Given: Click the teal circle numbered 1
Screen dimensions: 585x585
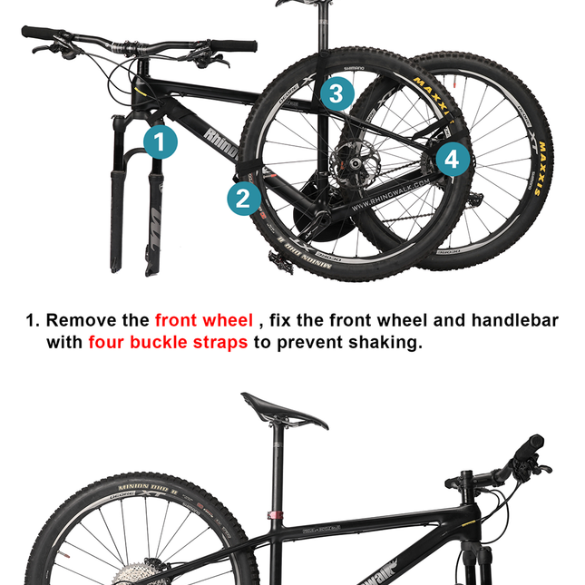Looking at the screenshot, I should [x=161, y=141].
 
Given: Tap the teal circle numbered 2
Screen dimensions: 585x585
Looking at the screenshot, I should [x=243, y=198].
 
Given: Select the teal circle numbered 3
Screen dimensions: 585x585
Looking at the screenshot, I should [x=336, y=93].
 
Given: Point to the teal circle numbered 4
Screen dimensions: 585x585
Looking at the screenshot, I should [x=453, y=161].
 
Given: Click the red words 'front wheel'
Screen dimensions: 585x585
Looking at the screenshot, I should [x=204, y=320].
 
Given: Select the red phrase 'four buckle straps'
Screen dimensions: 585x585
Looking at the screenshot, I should [x=168, y=343].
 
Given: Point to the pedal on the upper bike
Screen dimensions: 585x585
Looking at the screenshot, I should [x=278, y=260].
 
